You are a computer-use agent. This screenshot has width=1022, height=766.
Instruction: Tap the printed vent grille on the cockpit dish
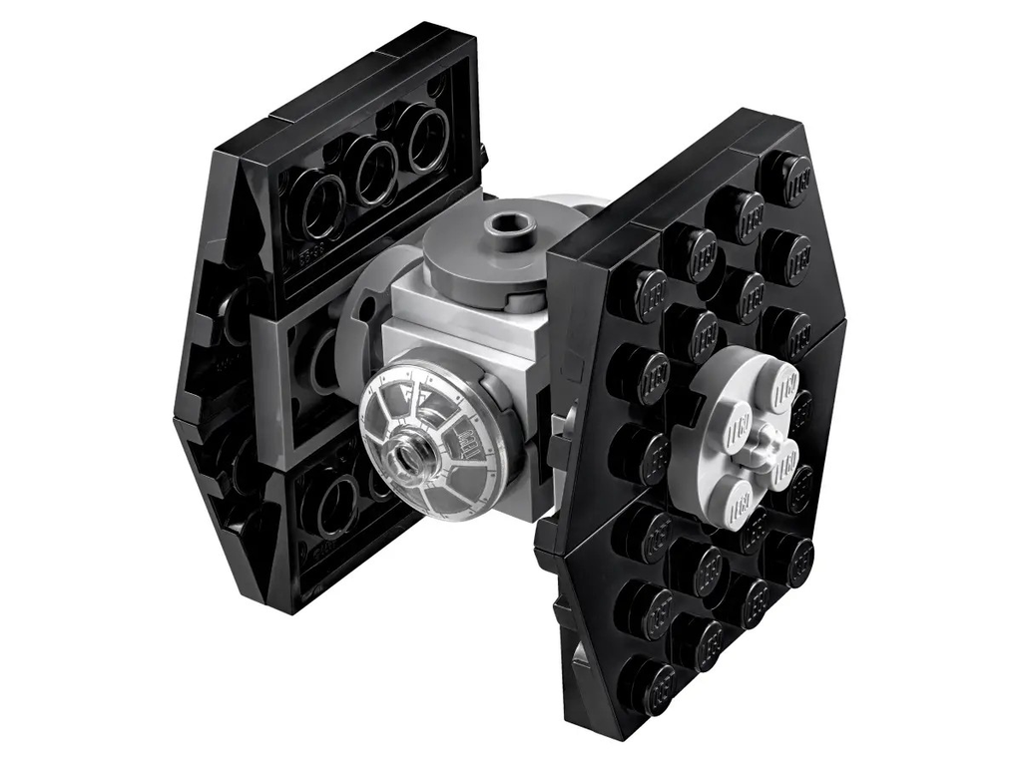(462, 436)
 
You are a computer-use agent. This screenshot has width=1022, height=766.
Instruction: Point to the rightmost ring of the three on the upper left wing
(427, 137)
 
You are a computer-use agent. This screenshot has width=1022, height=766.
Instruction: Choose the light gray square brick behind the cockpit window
(439, 319)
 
